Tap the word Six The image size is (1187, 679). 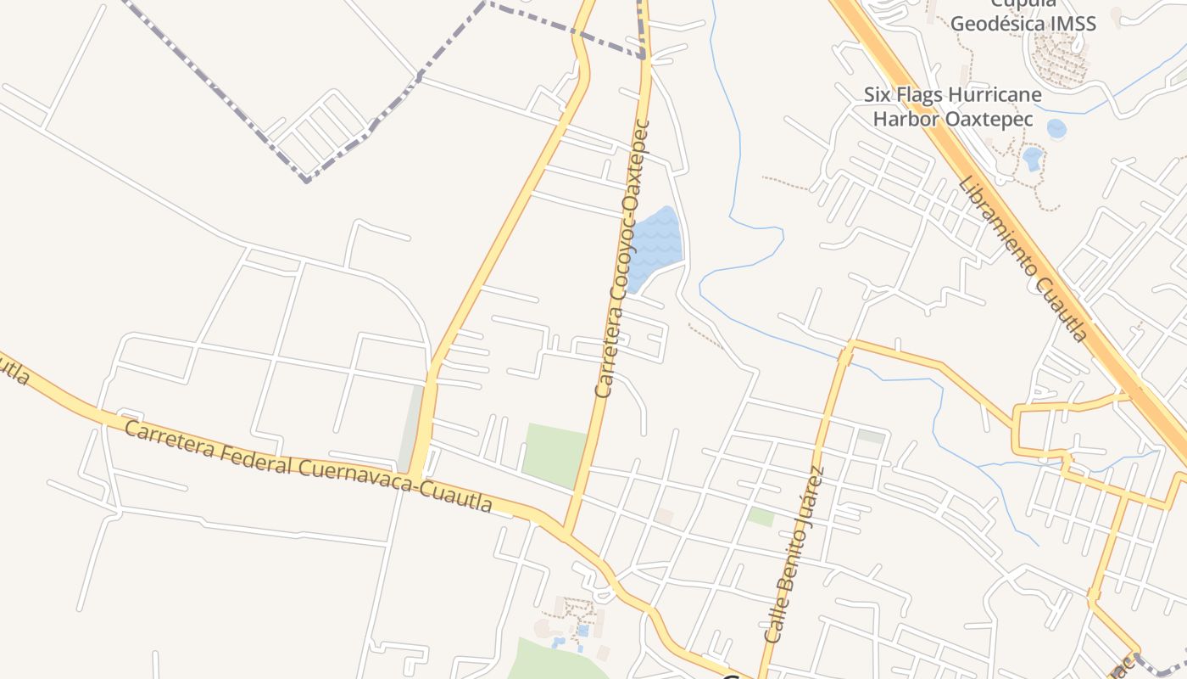click(x=878, y=93)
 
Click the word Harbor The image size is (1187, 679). click(x=905, y=119)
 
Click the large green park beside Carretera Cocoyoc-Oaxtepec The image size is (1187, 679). click(x=553, y=455)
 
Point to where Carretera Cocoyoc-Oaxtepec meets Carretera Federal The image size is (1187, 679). click(x=566, y=532)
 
